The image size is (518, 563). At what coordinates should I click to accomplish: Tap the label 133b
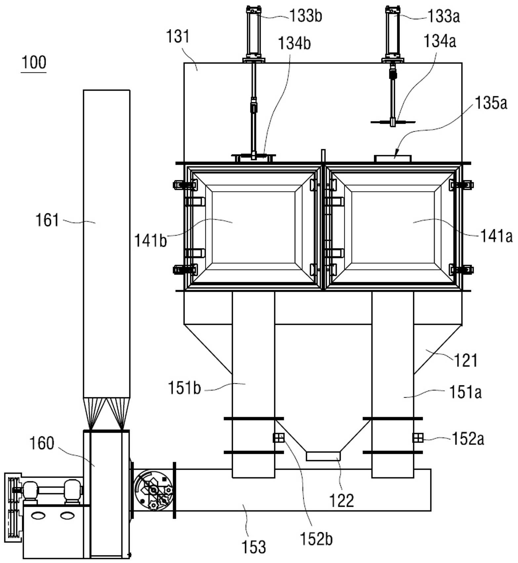coord(306,16)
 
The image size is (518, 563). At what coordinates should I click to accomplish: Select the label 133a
coord(444,16)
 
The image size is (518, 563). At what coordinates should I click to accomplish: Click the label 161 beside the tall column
coord(47,220)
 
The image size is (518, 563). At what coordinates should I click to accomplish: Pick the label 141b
coord(151,240)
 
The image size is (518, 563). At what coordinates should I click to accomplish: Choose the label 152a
coord(468,439)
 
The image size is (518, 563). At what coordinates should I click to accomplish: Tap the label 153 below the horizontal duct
coord(254,547)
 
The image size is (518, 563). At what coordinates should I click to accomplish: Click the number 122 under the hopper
coord(342,500)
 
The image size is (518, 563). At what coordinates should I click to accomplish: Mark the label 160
coord(42,443)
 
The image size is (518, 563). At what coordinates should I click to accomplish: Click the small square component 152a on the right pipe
coord(418,438)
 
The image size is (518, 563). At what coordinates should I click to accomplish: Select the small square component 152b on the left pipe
coord(279,438)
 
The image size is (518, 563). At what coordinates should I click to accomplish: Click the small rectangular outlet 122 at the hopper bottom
coord(323,456)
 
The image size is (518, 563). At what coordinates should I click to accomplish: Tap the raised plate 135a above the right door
coord(393,158)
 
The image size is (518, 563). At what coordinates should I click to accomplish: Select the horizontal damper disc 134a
coord(393,122)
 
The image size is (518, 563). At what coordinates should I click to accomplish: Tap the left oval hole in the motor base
coord(38,515)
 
